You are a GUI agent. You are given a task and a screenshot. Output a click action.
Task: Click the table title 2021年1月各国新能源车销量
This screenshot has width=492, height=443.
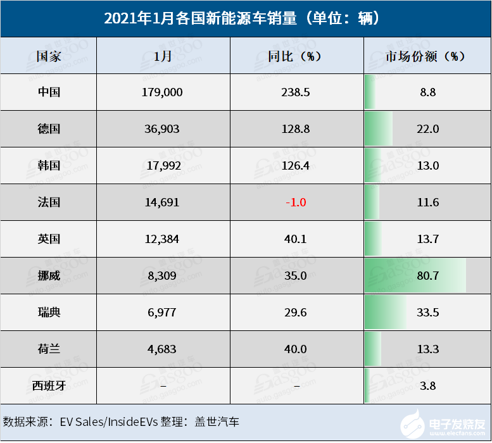[246, 19]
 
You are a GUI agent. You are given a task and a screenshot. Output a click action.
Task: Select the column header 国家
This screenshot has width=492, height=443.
[49, 56]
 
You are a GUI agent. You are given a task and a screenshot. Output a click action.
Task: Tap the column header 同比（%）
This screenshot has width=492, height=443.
[295, 56]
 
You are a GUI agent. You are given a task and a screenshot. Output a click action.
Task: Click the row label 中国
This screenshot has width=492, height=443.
[49, 92]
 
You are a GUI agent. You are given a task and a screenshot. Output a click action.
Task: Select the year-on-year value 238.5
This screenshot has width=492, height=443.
[295, 92]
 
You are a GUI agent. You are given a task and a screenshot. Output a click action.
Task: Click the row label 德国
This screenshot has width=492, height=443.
[49, 129]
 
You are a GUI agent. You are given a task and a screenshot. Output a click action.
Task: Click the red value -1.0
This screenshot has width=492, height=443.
[295, 203]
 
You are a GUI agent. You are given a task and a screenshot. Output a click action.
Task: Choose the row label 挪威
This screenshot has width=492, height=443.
[49, 276]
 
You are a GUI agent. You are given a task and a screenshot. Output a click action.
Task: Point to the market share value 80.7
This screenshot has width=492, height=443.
[428, 276]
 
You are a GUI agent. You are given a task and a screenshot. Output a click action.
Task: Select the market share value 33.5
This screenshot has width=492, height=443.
[428, 313]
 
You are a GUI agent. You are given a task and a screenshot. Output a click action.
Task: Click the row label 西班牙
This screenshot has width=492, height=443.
[49, 385]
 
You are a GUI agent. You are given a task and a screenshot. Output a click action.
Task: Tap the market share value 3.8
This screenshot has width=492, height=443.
[428, 385]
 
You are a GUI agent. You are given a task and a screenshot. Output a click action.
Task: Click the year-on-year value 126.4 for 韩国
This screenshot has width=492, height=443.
[295, 166]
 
